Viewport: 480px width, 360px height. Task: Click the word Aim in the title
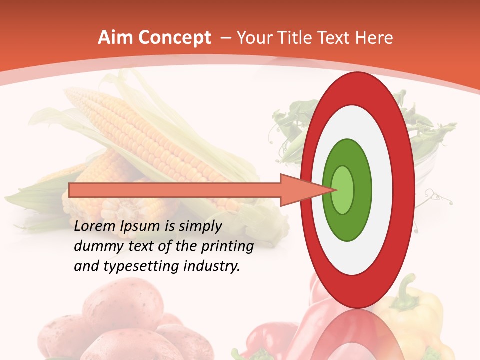pos(116,38)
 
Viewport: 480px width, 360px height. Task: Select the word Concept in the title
pos(174,38)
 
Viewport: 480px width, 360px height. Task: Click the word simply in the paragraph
pos(200,226)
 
